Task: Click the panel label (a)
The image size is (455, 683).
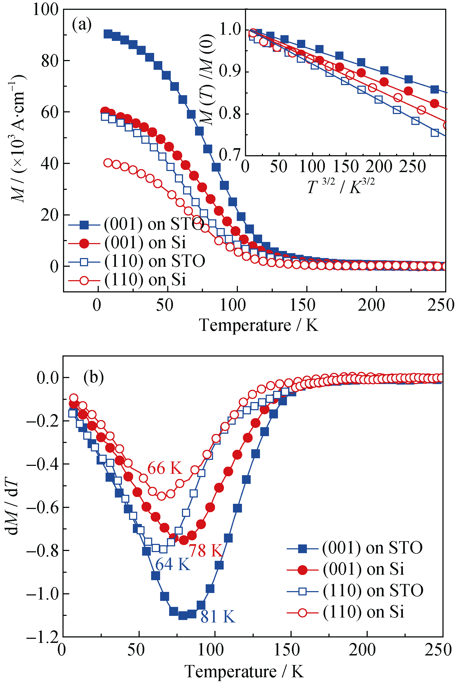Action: [82, 25]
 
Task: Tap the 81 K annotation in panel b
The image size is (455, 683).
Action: [218, 616]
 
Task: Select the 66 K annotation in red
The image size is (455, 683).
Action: [164, 468]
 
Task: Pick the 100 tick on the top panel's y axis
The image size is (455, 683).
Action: [46, 9]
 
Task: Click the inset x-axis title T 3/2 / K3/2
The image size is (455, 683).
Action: [341, 186]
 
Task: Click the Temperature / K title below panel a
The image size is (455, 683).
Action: [258, 325]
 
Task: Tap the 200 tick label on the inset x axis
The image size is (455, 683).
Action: [379, 167]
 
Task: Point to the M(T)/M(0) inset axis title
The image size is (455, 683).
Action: [209, 80]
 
